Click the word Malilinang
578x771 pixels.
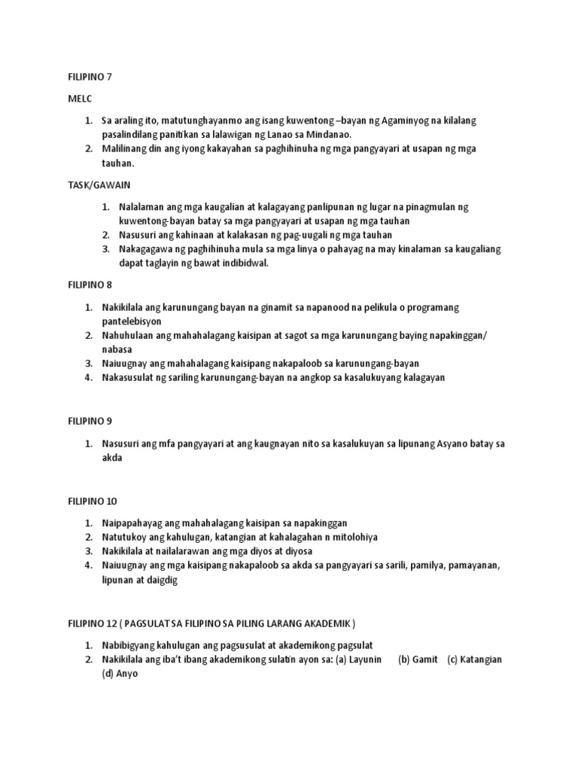point(127,149)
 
